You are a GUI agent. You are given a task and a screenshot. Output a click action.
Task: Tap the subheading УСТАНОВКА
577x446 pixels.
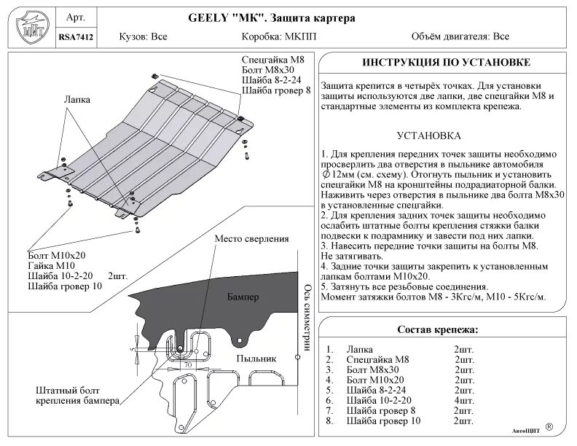[428, 136]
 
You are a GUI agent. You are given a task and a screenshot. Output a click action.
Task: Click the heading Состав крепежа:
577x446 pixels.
[436, 329]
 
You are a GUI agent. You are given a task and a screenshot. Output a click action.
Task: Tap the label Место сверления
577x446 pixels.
[251, 239]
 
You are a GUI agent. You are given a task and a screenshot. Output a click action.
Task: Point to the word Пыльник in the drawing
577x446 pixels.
[256, 359]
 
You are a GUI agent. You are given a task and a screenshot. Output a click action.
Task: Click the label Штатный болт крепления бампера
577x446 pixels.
[75, 396]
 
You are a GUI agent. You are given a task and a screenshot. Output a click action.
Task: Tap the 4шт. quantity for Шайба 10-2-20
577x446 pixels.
[463, 400]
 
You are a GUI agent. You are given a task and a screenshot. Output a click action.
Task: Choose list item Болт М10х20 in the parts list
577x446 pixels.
[375, 380]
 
